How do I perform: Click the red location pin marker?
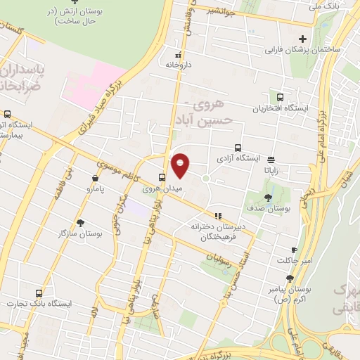pos(181,165)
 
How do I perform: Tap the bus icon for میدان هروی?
pos(162,177)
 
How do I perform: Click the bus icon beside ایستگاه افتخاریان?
pos(281,98)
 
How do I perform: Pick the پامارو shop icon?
pos(95,178)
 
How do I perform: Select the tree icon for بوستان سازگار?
pos(81,222)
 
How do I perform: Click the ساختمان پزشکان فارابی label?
pos(303,51)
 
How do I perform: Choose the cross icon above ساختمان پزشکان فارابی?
pos(303,39)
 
